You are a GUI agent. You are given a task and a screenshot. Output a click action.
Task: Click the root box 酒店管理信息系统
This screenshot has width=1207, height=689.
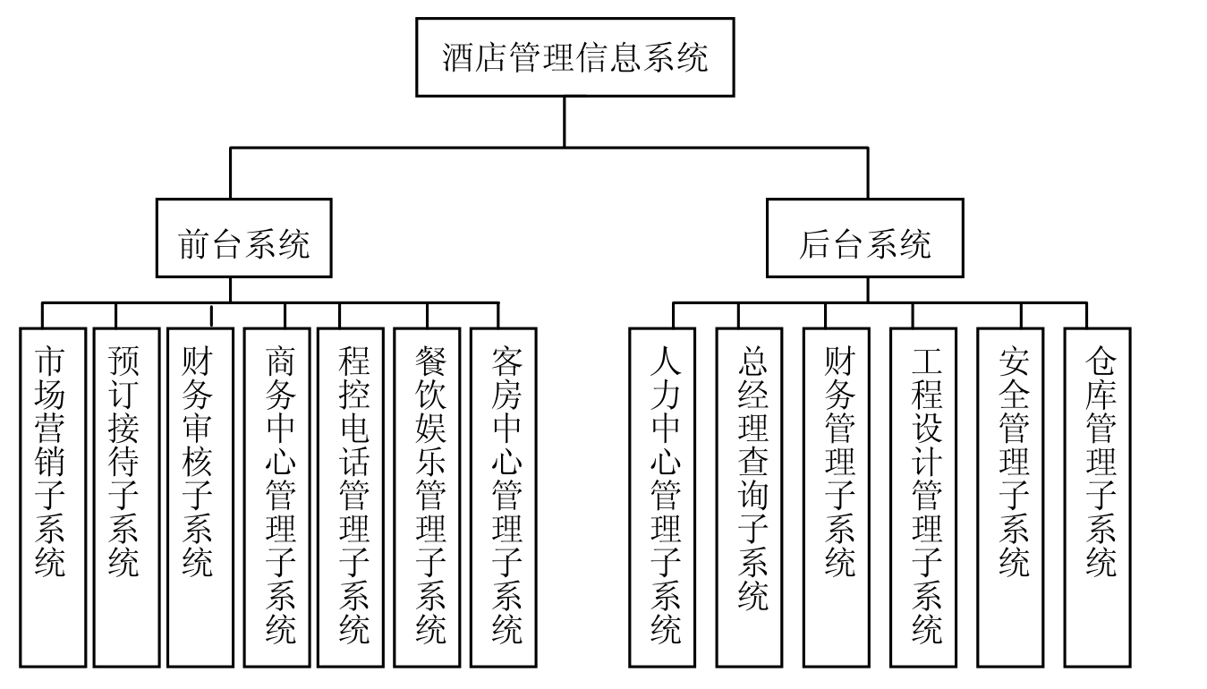[574, 57]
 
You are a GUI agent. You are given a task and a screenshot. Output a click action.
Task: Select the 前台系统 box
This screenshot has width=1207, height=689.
[243, 238]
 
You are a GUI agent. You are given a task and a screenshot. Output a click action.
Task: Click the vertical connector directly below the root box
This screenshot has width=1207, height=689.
[564, 121]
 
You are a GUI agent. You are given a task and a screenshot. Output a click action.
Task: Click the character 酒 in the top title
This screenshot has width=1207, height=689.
[459, 58]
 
